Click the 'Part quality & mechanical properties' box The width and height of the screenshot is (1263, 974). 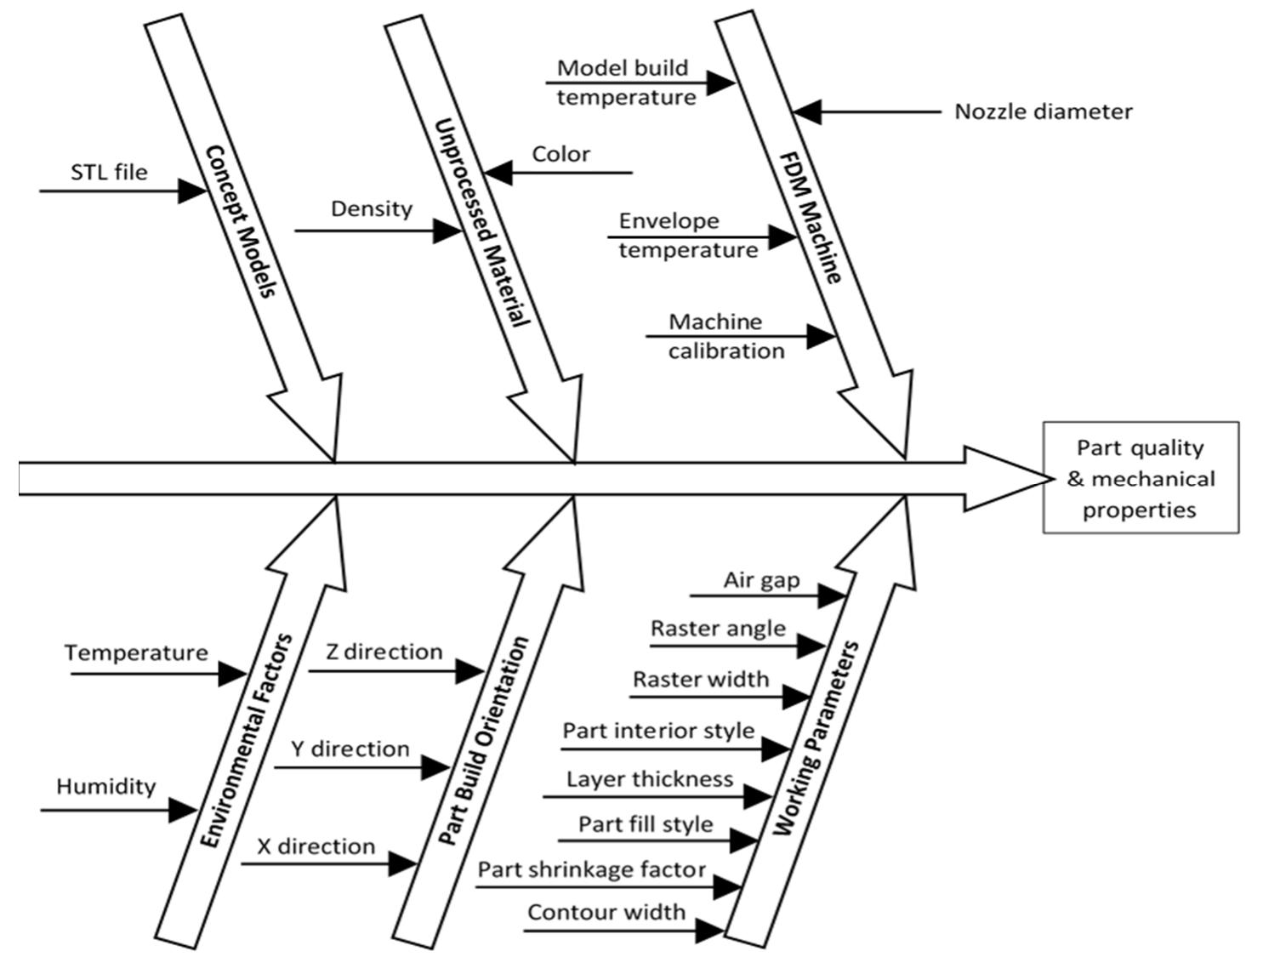click(1140, 478)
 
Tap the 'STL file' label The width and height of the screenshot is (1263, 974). click(109, 173)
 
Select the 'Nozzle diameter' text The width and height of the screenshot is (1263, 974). click(1043, 111)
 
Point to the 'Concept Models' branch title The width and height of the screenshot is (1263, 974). click(241, 221)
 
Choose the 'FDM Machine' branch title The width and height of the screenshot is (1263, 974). click(811, 218)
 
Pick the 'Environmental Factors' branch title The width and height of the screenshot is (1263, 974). click(247, 740)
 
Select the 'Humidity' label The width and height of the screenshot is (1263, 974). click(106, 786)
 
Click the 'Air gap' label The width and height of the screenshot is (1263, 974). click(761, 580)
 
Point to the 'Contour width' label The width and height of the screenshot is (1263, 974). click(606, 913)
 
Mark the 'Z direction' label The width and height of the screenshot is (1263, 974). click(384, 652)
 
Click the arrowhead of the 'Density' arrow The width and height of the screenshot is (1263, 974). click(447, 231)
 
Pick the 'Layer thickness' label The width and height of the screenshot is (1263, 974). click(650, 779)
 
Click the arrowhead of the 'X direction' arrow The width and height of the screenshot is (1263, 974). click(402, 864)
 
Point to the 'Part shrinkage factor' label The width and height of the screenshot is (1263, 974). click(591, 869)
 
